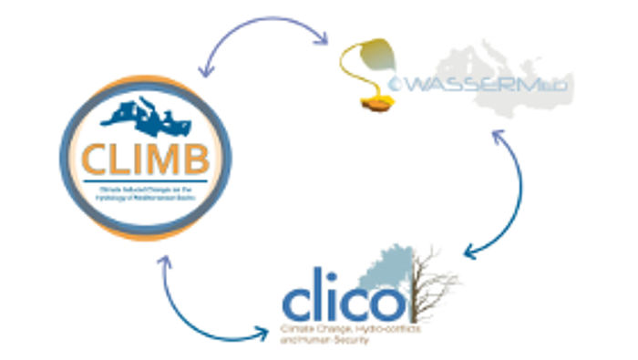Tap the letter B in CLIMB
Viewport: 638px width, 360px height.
pyautogui.click(x=196, y=158)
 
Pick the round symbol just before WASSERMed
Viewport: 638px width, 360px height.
pyautogui.click(x=396, y=86)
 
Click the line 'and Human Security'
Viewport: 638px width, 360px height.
pyautogui.click(x=319, y=338)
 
